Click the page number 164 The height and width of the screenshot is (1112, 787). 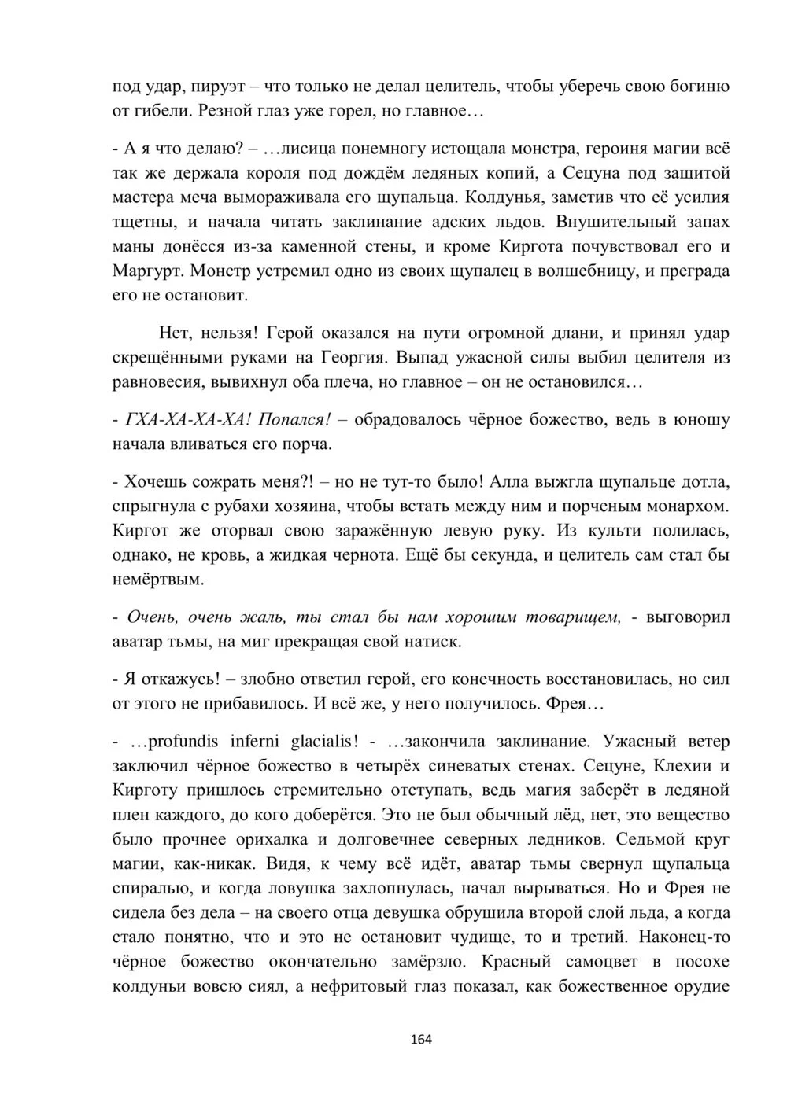421,1039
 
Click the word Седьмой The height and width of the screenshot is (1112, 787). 648,839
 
